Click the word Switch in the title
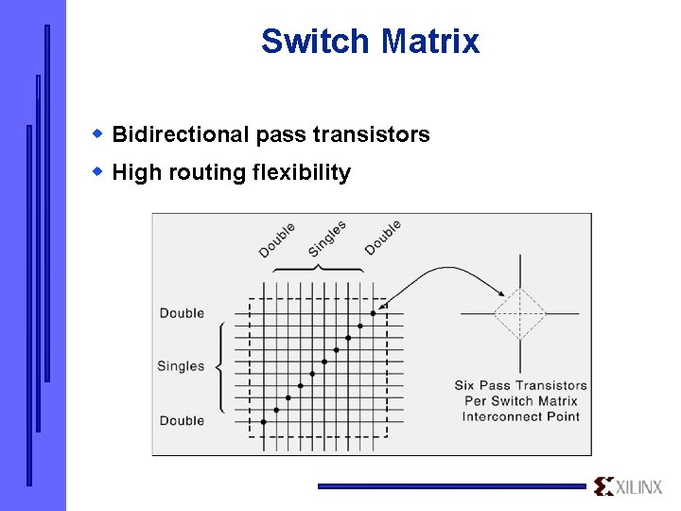(x=316, y=42)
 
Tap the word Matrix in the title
(x=429, y=42)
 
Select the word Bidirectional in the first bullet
(x=181, y=135)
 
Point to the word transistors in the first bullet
(x=376, y=135)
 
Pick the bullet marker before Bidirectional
(x=97, y=133)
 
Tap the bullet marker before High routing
(x=97, y=171)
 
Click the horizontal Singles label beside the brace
(x=181, y=366)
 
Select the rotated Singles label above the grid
(x=327, y=238)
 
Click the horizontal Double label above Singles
(x=182, y=313)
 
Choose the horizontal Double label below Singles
(x=182, y=420)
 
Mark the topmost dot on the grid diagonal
(x=373, y=312)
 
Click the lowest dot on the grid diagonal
(x=264, y=422)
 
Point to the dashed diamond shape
(x=519, y=313)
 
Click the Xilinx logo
(x=630, y=486)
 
